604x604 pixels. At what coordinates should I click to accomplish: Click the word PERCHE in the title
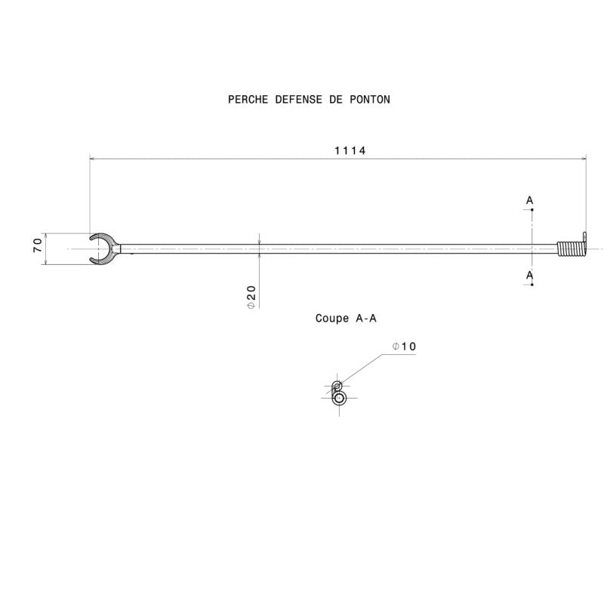pos(246,100)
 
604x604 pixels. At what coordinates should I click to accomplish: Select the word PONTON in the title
pos(370,100)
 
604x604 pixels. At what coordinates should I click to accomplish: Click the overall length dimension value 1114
pos(350,150)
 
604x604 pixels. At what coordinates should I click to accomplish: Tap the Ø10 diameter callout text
pos(405,347)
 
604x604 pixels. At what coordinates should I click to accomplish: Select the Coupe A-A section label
pos(346,319)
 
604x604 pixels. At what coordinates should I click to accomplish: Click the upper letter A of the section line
pos(530,200)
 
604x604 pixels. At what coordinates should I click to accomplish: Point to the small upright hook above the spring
pos(584,236)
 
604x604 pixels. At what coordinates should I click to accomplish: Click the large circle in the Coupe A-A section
pos(339,397)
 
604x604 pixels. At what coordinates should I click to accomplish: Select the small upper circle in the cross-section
pos(337,386)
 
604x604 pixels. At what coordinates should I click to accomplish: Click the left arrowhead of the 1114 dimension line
pos(93,159)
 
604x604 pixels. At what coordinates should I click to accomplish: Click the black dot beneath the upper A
pos(532,210)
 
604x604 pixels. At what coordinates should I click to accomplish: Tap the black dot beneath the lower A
pos(532,284)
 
